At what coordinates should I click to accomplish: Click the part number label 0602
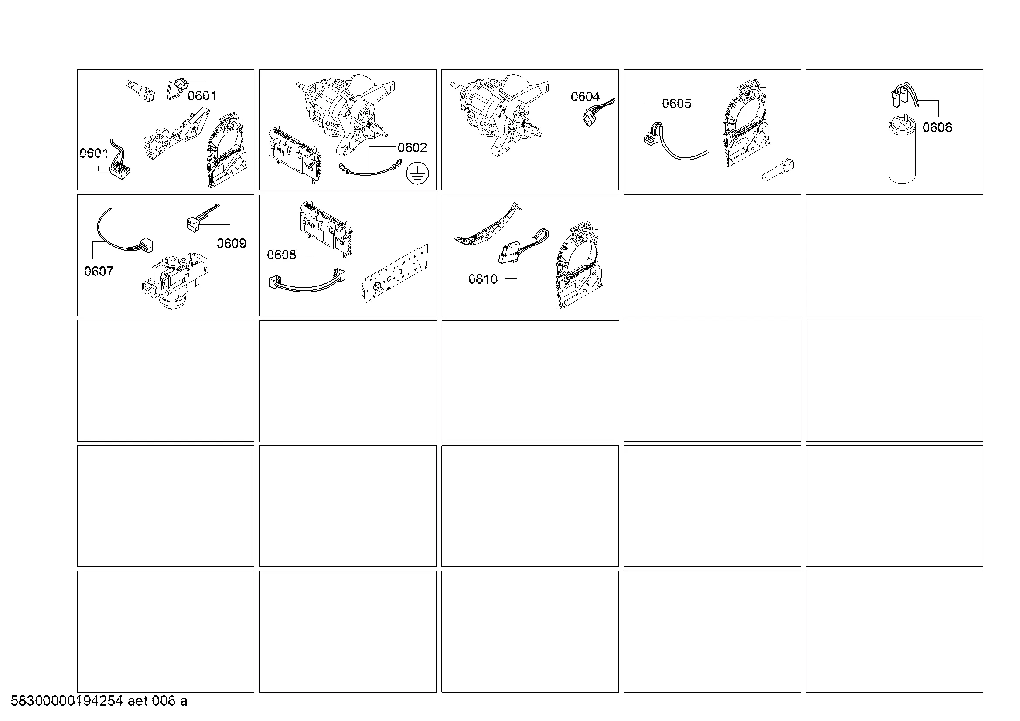pos(412,148)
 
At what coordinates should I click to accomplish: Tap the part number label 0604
pos(585,97)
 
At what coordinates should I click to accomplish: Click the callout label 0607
pos(99,271)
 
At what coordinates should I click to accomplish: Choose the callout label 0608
pos(281,255)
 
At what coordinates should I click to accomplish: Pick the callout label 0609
pos(232,243)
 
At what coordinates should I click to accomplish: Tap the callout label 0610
pos(483,279)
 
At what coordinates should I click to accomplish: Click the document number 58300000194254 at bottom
pos(67,701)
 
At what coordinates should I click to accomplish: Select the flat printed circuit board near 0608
pos(396,273)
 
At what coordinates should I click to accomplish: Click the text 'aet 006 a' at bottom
pos(158,701)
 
